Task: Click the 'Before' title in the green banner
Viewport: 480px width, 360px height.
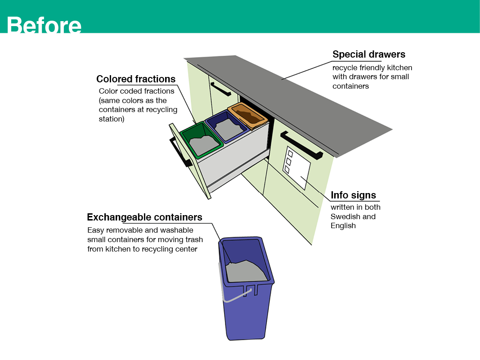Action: coord(44,25)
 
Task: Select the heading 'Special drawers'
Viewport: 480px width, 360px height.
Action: coord(369,54)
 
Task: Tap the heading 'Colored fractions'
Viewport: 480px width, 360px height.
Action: coord(136,79)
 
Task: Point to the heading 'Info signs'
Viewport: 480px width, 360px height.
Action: coord(353,195)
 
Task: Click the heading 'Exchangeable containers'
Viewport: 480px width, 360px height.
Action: coord(144,217)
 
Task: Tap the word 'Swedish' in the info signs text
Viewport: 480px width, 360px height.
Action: coord(346,216)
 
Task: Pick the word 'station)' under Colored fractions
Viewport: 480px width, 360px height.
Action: coord(112,119)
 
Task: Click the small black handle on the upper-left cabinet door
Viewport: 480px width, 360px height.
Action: coord(220,89)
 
